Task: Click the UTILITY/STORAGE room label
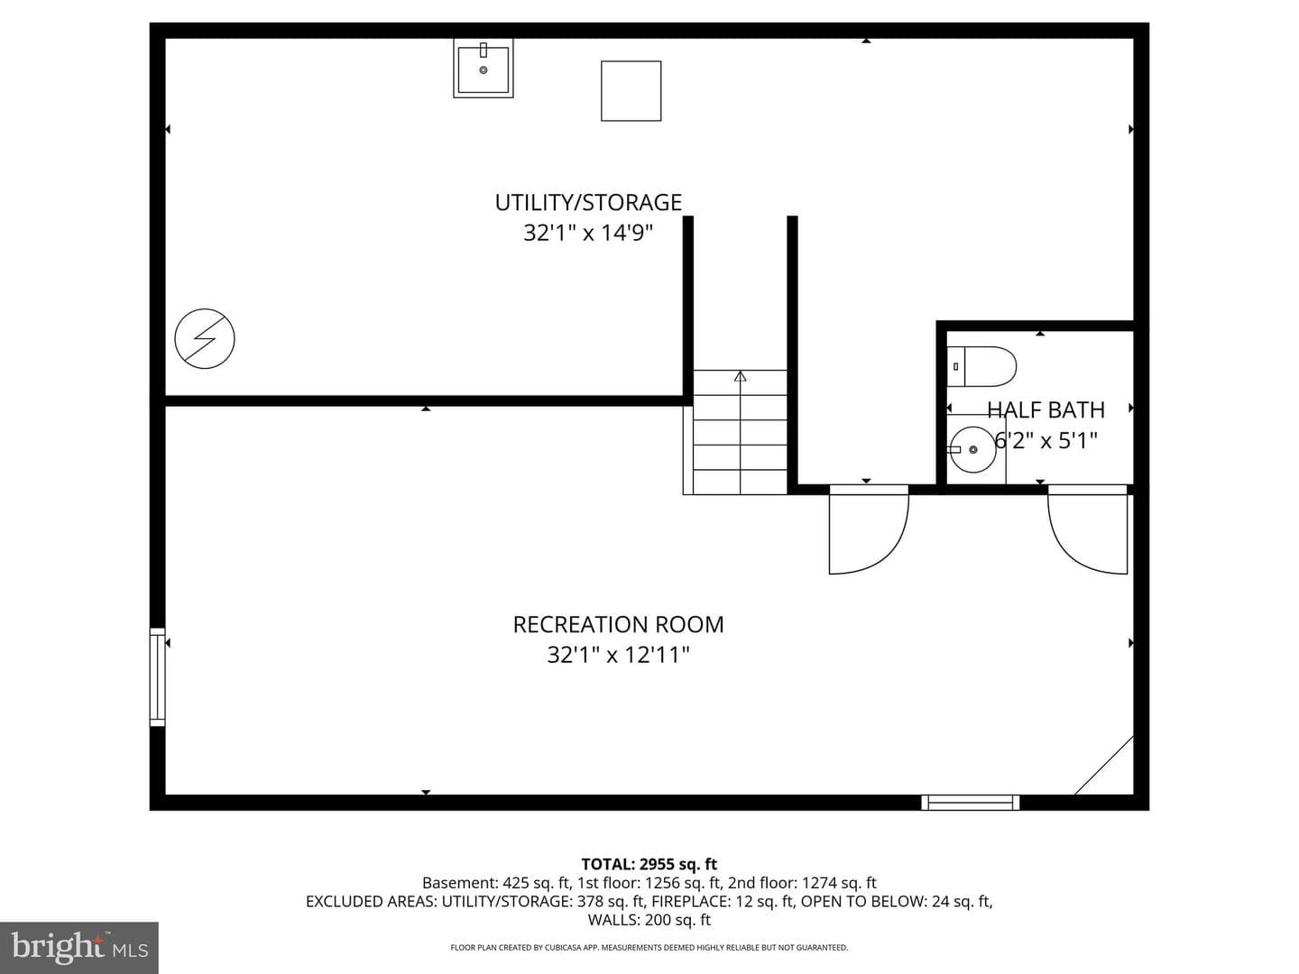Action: pos(588,202)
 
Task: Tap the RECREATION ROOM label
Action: pos(619,624)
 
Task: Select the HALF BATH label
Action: pos(1046,409)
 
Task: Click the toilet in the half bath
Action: pos(981,367)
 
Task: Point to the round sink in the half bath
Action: pos(972,449)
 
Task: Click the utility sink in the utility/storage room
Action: pos(483,68)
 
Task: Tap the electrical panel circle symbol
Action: pos(205,339)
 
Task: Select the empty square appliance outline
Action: pos(631,91)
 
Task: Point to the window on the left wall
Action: pos(158,676)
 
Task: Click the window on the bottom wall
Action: pos(970,803)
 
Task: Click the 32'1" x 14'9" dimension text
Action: pos(587,233)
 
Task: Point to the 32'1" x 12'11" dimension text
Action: pos(619,656)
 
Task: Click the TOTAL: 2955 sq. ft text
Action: pos(649,864)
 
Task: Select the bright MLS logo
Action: pos(79,947)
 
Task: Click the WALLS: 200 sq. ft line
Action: pos(649,920)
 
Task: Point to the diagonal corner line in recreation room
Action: pos(1104,766)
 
